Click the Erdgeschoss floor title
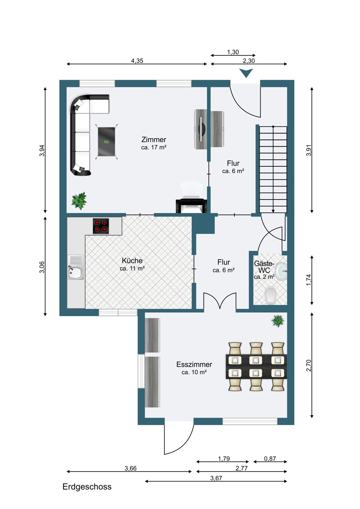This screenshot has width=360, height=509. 87,487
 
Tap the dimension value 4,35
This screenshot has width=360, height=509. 137,61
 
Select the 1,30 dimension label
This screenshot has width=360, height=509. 233,52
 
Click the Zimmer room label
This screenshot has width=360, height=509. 154,139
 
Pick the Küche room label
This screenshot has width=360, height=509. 132,261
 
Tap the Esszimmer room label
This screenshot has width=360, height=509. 194,364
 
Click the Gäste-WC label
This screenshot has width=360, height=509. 264,267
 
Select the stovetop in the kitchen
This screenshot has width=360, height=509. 101,226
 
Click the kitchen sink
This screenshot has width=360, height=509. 76,267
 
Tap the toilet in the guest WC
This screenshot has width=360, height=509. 271,296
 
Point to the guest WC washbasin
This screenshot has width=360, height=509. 281,271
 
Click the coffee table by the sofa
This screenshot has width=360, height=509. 106,142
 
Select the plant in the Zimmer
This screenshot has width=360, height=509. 79,201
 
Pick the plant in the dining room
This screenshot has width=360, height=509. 278,321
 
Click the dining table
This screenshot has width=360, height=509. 256,366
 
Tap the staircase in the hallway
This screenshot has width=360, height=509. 273,170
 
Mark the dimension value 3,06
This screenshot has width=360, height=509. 42,267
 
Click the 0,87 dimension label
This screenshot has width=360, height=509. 270,458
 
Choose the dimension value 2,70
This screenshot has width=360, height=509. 309,365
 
